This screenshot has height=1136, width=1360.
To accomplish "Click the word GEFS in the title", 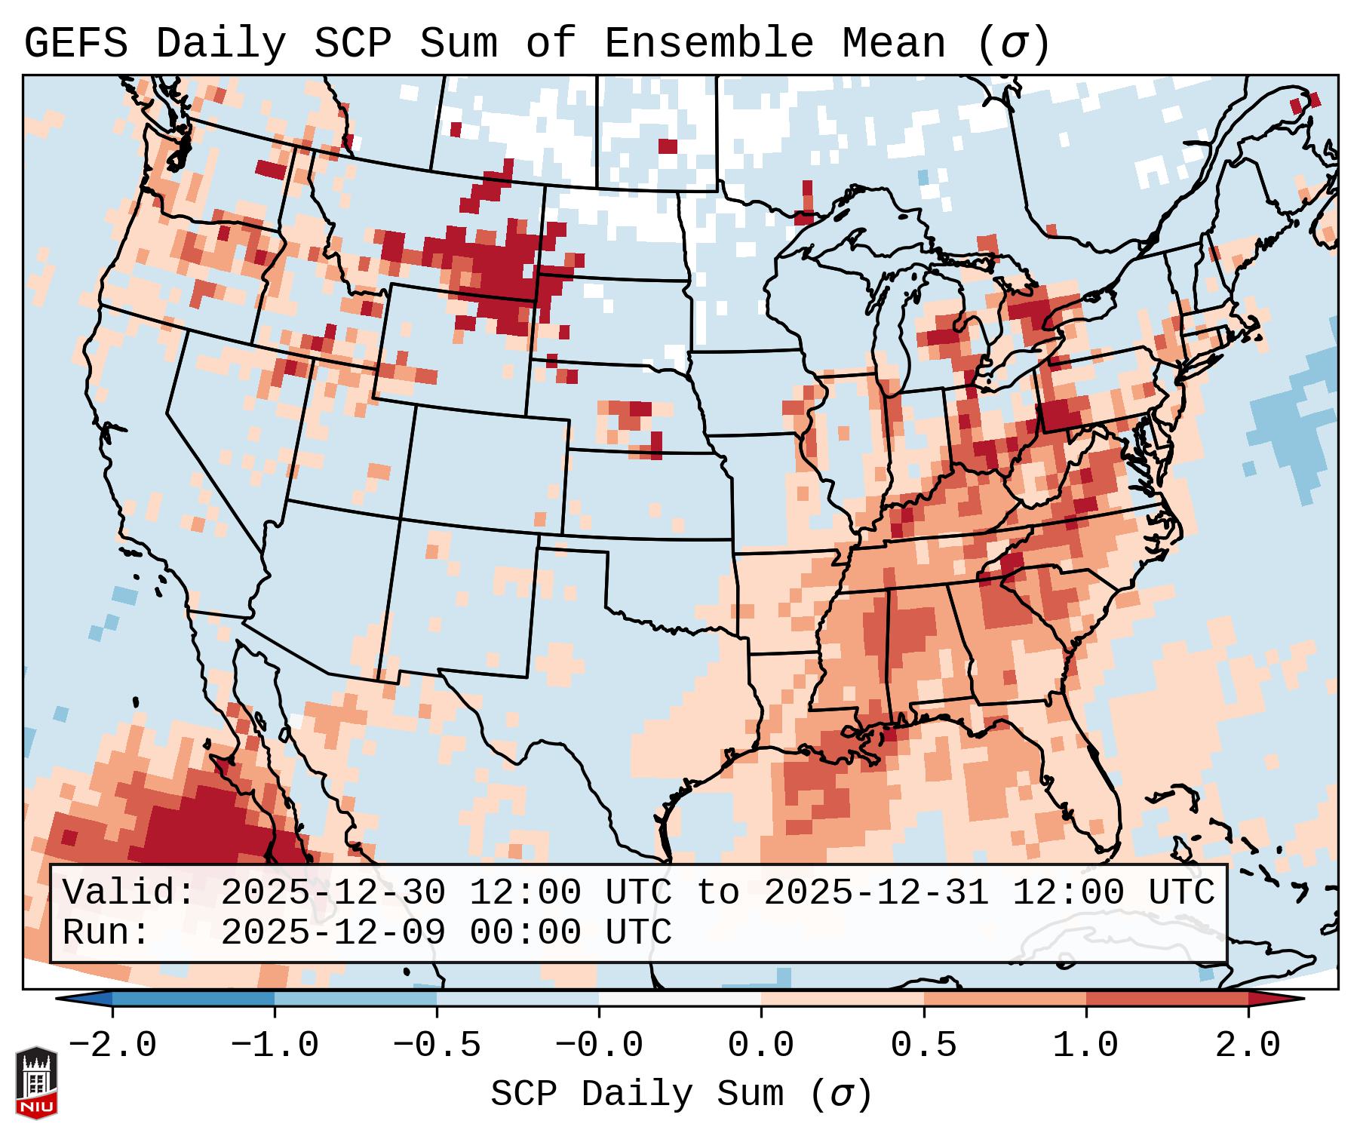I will pyautogui.click(x=75, y=44).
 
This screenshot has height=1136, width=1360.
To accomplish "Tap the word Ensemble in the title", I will pyautogui.click(x=709, y=44).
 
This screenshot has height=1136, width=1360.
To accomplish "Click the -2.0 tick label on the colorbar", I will pyautogui.click(x=112, y=1045).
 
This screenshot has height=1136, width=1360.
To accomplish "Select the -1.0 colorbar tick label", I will pyautogui.click(x=275, y=1045).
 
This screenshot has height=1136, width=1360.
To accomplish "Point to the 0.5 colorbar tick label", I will pyautogui.click(x=924, y=1045).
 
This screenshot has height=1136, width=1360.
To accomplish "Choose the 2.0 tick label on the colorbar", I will pyautogui.click(x=1248, y=1045).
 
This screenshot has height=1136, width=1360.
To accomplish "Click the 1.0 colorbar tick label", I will pyautogui.click(x=1086, y=1045).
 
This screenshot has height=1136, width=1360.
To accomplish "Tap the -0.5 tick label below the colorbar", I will pyautogui.click(x=437, y=1045).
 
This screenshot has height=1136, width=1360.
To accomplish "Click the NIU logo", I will pyautogui.click(x=36, y=1082).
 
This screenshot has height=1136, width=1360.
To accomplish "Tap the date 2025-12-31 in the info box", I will pyautogui.click(x=876, y=893).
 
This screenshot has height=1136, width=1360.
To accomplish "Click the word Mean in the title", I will pyautogui.click(x=894, y=44).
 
